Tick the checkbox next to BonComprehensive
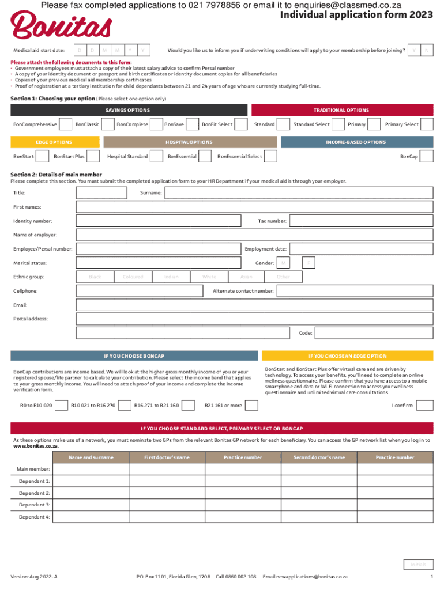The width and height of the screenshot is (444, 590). [x=66, y=124]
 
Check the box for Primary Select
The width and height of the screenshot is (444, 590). [x=427, y=124]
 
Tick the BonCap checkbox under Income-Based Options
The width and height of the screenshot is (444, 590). [x=427, y=157]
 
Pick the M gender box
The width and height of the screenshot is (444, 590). [x=283, y=263]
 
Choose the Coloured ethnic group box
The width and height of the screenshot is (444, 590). [x=133, y=277]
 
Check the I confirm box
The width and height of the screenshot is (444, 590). [x=425, y=406]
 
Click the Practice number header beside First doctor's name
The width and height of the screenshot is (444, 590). [x=243, y=457]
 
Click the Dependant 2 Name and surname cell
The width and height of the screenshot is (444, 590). [x=90, y=493]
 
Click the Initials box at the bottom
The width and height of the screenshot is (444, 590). [x=418, y=565]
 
